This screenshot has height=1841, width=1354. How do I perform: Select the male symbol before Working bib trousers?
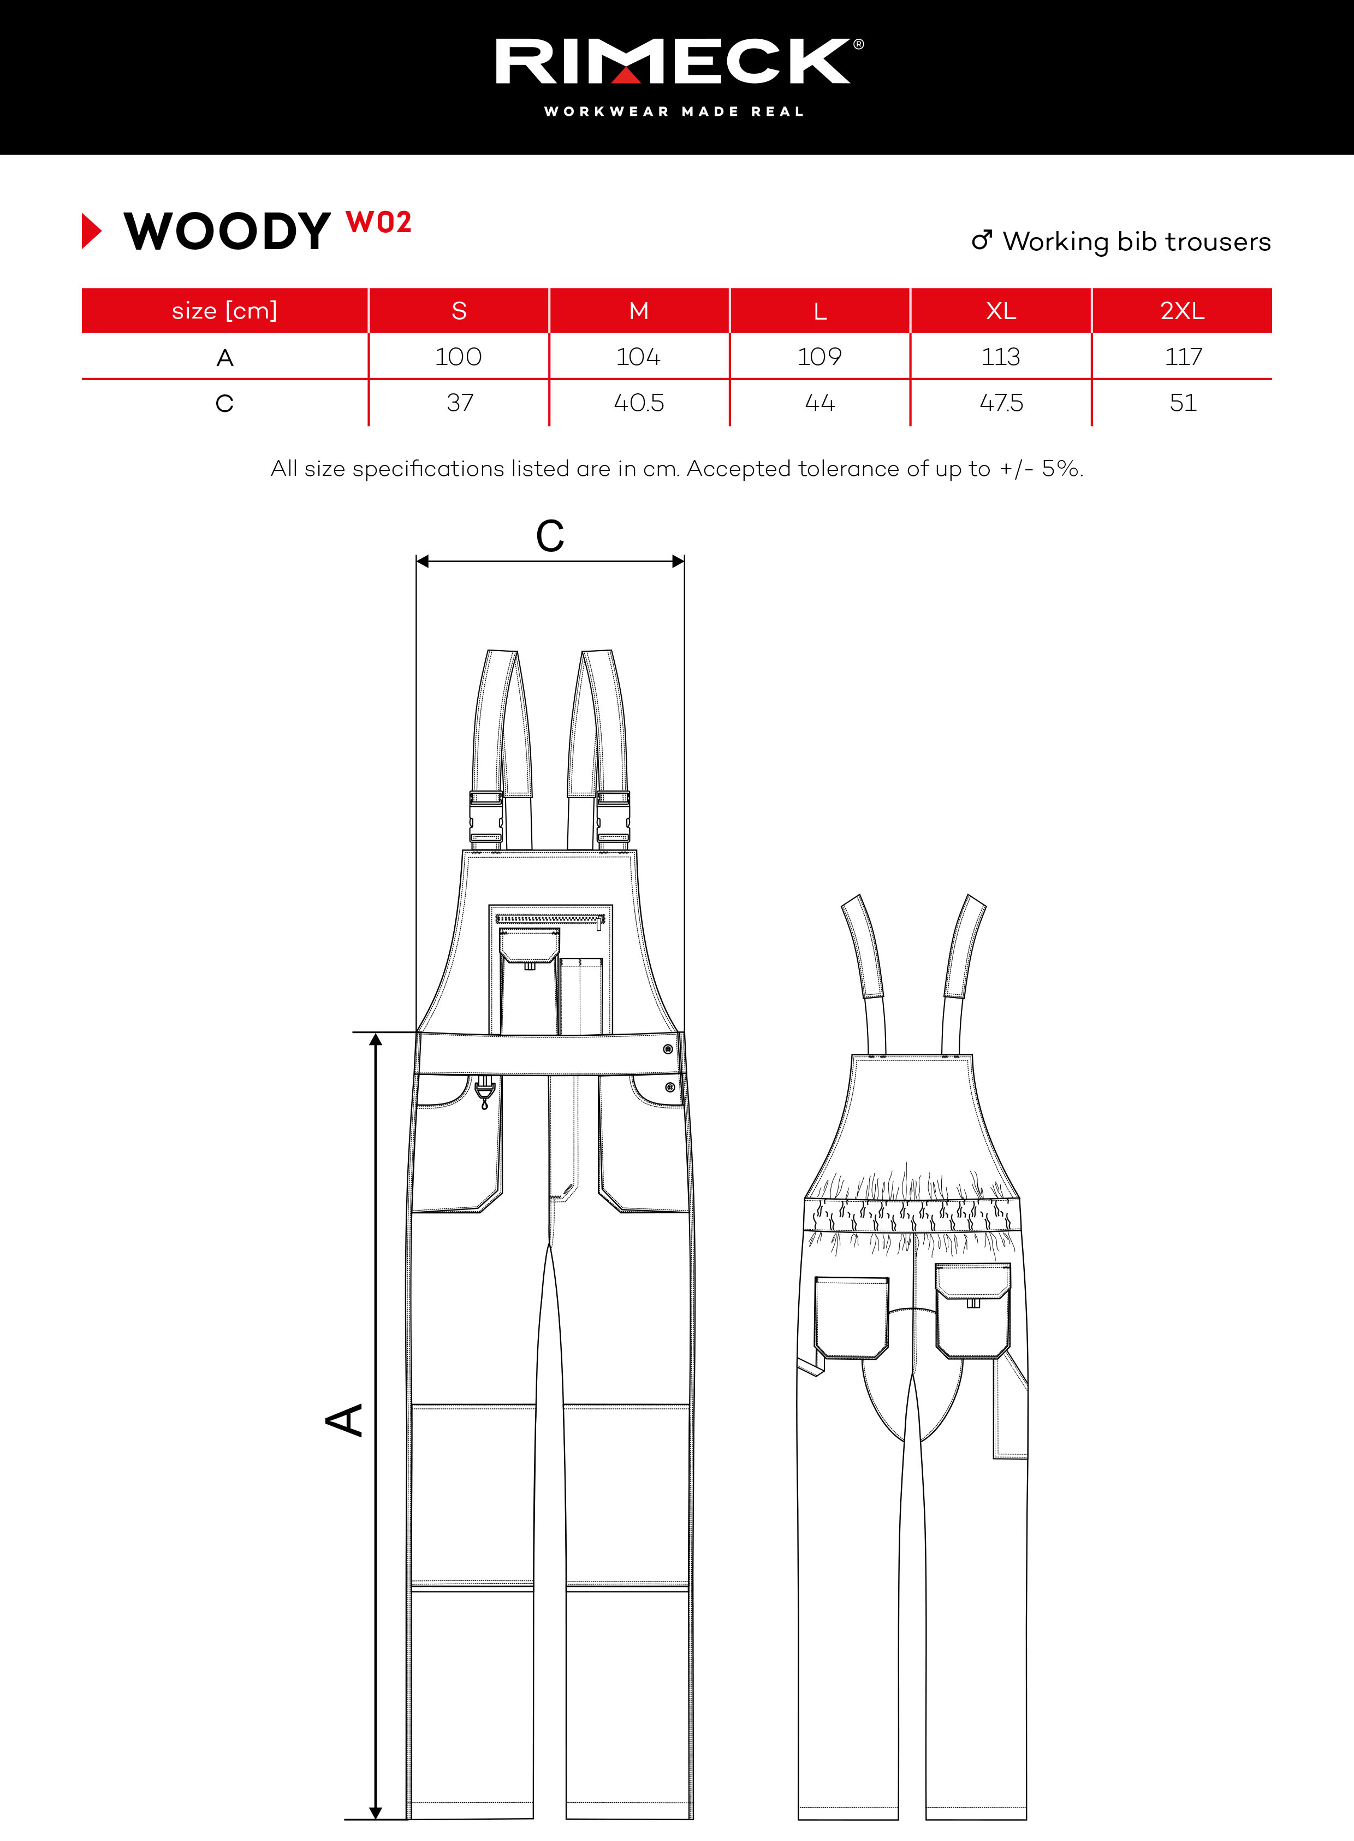pos(981,240)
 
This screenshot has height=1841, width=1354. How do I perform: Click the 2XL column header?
pos(1182,311)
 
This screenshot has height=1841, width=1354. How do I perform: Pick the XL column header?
pos(1001,311)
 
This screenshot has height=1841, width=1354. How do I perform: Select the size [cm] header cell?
pos(224,311)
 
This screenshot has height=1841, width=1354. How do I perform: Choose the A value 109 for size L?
pos(819,357)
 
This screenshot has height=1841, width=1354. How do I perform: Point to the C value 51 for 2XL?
pos(1183,403)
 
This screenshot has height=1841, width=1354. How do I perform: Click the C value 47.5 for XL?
pos(1001,403)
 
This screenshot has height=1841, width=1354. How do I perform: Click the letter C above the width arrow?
pos(550,536)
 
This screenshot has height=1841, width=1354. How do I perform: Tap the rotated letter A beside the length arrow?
pos(345,1419)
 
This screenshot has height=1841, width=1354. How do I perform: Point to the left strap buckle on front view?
pos(486,820)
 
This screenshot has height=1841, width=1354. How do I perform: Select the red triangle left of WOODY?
pos(92,231)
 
